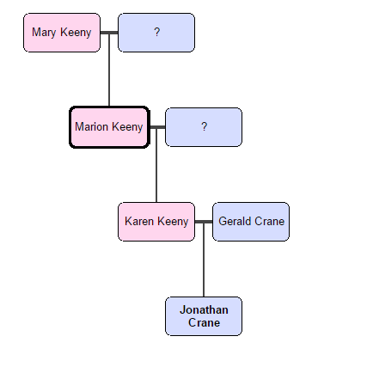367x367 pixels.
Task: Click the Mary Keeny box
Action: [x=62, y=33]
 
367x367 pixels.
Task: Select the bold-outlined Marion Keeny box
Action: [x=109, y=127]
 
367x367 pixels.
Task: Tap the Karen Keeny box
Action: [x=156, y=222]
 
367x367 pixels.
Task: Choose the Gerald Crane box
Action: [x=251, y=222]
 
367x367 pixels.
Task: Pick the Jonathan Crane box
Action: [x=204, y=316]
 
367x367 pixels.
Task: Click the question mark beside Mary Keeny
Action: [x=156, y=33]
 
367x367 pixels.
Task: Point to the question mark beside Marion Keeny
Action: [x=204, y=127]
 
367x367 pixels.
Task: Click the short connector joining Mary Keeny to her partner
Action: [x=109, y=33]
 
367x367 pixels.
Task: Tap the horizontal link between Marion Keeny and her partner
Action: [x=156, y=127]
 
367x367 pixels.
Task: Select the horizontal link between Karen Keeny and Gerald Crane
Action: [x=204, y=222]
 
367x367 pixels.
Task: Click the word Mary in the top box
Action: [x=45, y=33]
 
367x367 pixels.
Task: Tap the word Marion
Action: [x=92, y=127]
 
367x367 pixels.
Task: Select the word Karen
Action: [x=139, y=222]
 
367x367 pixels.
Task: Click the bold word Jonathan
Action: [x=204, y=309]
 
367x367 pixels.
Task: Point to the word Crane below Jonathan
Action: [x=204, y=323]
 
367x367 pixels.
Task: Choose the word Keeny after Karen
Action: [x=173, y=222]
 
